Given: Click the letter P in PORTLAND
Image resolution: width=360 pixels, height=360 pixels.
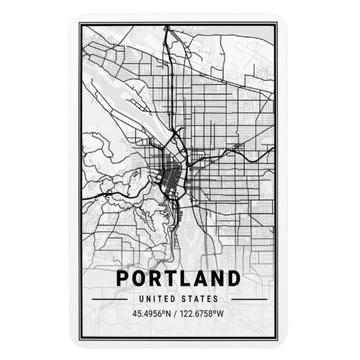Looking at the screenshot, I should pos(123,278).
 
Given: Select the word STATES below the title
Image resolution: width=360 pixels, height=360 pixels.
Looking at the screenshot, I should pos(200,298).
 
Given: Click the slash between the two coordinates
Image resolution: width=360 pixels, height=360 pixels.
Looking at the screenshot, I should pos(177,314).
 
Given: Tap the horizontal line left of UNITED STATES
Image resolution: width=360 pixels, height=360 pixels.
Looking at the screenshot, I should pos(108,298).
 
